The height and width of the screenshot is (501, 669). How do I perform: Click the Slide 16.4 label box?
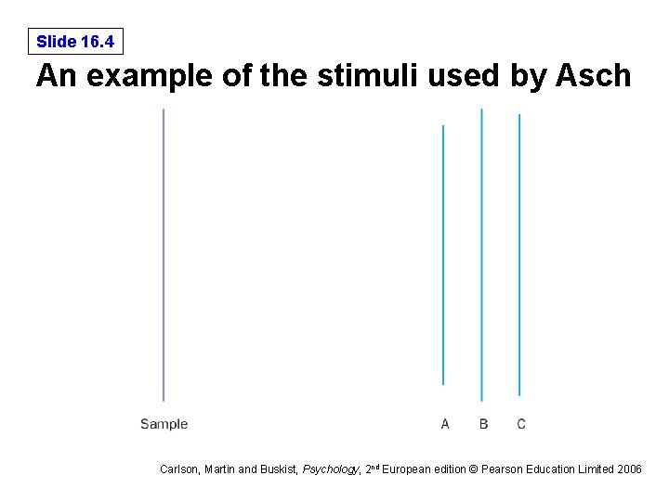75,42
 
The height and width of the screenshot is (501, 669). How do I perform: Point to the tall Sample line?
164,255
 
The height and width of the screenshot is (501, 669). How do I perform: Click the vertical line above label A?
443,255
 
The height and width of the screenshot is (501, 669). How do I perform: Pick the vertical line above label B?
481,255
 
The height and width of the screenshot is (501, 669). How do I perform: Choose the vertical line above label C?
519,255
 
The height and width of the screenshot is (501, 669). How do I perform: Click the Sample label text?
164,424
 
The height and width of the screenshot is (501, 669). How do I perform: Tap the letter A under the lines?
445,424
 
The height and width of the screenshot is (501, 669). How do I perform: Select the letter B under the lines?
483,424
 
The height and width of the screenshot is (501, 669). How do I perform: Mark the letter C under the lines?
521,424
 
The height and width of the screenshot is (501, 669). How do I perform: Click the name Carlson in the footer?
178,469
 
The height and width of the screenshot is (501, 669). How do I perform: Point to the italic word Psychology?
330,469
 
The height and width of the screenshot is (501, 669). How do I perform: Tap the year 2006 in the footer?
628,469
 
